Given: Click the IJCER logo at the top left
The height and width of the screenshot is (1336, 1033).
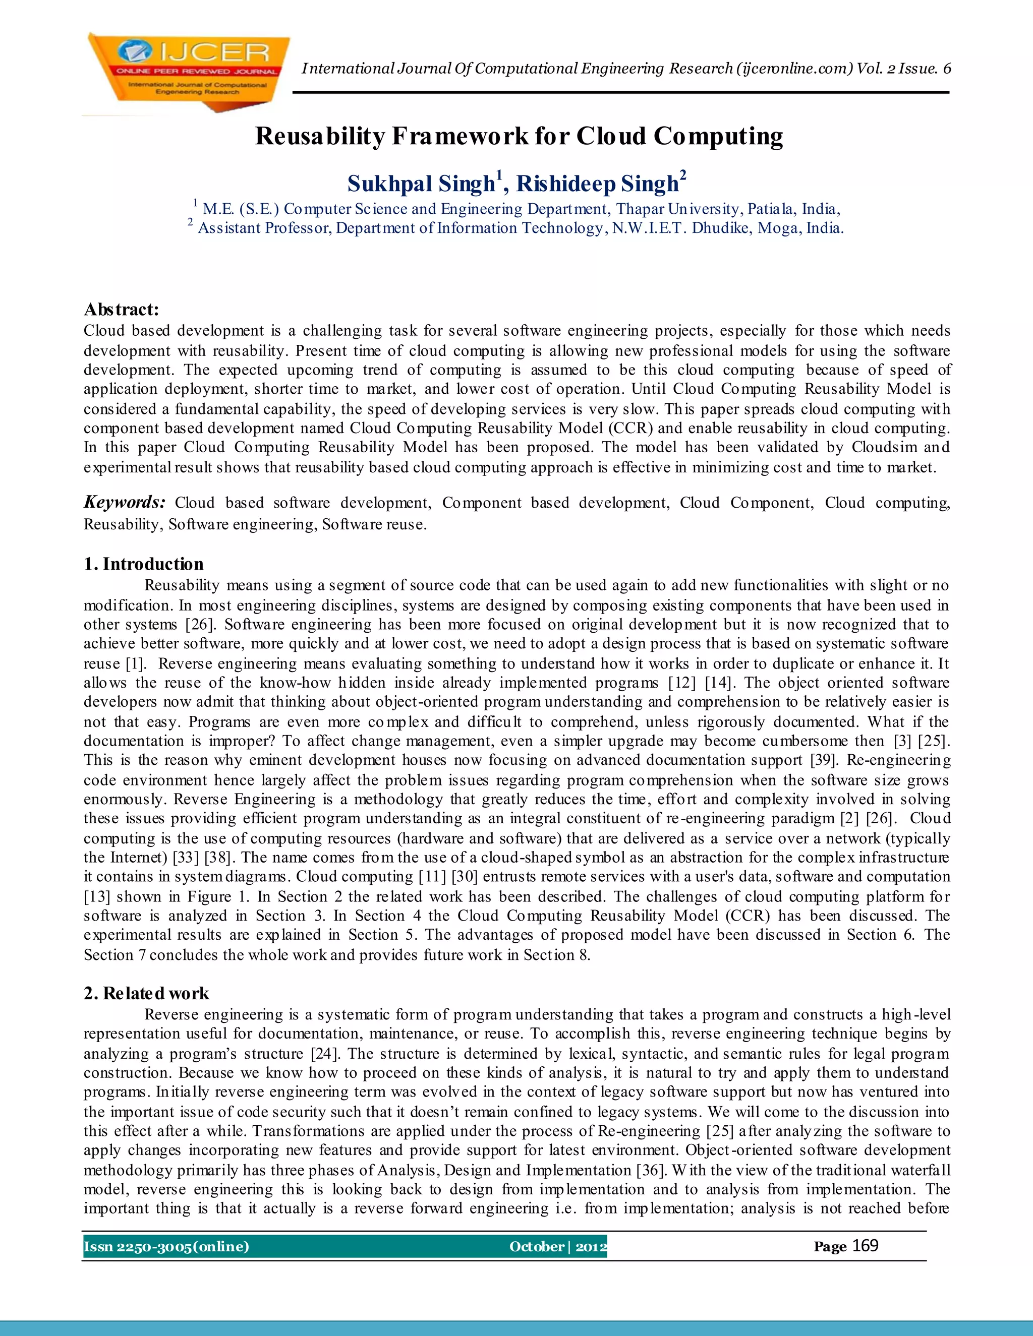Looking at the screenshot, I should point(187,71).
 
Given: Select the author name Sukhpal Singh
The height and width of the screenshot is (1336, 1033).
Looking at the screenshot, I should point(421,184).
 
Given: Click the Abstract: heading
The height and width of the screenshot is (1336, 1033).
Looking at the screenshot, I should point(121,310).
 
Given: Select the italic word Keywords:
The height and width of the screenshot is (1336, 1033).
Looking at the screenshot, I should point(124,502).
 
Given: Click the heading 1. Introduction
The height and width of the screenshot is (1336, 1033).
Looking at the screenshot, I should point(143,564).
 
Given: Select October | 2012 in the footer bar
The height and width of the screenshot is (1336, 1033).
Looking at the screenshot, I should point(557,1247).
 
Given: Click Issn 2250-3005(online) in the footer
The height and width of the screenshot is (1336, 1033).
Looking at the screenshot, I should point(166,1247).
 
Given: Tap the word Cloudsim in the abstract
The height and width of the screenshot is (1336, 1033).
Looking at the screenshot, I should point(884,447).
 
